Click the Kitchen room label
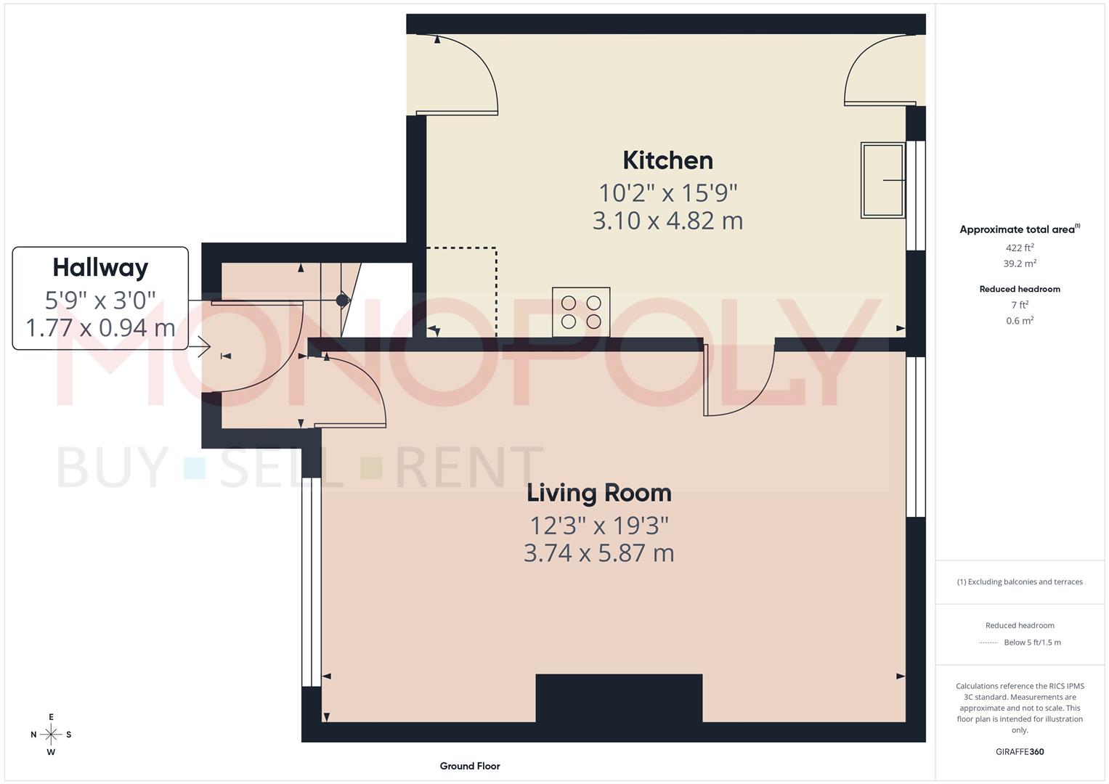click(x=667, y=160)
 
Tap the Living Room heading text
click(x=598, y=493)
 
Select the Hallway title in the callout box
click(x=100, y=268)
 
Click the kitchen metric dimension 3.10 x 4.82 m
click(x=667, y=221)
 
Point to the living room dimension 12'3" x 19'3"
click(x=598, y=525)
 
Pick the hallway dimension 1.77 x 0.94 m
click(x=100, y=327)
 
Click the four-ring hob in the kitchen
click(x=581, y=312)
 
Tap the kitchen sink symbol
click(x=882, y=180)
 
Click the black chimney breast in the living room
click(x=619, y=698)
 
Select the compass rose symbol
click(x=51, y=735)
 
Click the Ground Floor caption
click(x=470, y=766)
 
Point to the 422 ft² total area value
click(x=1020, y=248)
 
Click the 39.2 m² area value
click(x=1020, y=264)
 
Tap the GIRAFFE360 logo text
click(x=1020, y=752)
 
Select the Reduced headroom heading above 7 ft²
click(x=1020, y=289)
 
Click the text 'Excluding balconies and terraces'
click(x=1025, y=581)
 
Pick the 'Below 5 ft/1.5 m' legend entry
click(x=1032, y=642)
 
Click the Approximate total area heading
click(x=1017, y=229)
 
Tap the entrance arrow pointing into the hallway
click(x=203, y=348)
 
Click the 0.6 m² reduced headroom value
click(x=1020, y=321)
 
